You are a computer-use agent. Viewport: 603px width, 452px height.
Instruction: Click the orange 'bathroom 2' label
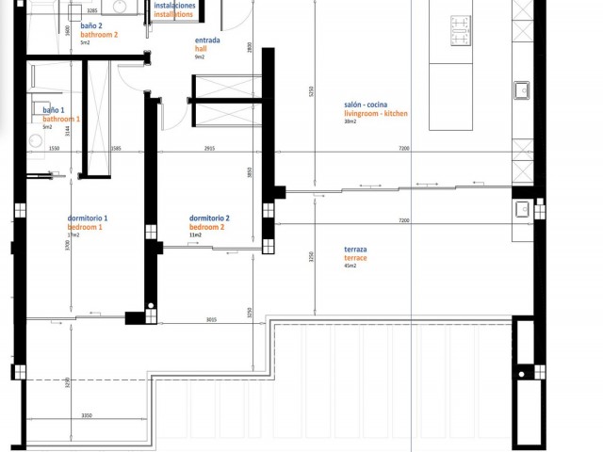99,34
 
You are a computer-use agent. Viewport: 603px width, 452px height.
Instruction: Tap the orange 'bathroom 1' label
61,120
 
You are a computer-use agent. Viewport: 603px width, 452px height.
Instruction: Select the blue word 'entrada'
207,41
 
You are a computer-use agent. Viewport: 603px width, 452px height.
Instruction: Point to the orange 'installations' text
173,15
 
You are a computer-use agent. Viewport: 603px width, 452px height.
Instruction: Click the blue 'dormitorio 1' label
88,218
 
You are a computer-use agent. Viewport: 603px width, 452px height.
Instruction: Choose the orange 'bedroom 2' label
207,227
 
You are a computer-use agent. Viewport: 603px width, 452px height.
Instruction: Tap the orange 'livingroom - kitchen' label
375,113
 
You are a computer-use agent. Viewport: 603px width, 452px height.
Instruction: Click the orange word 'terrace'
355,257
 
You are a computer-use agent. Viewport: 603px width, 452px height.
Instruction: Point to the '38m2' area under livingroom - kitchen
350,121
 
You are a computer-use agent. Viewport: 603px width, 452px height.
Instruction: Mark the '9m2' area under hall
199,57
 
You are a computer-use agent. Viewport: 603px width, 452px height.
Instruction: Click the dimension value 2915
208,149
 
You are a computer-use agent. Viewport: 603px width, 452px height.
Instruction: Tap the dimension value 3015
211,319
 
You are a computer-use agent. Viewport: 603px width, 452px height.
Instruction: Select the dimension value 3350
86,414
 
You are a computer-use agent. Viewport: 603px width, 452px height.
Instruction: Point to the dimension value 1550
54,149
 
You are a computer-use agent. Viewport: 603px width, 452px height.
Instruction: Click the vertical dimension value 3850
251,172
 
